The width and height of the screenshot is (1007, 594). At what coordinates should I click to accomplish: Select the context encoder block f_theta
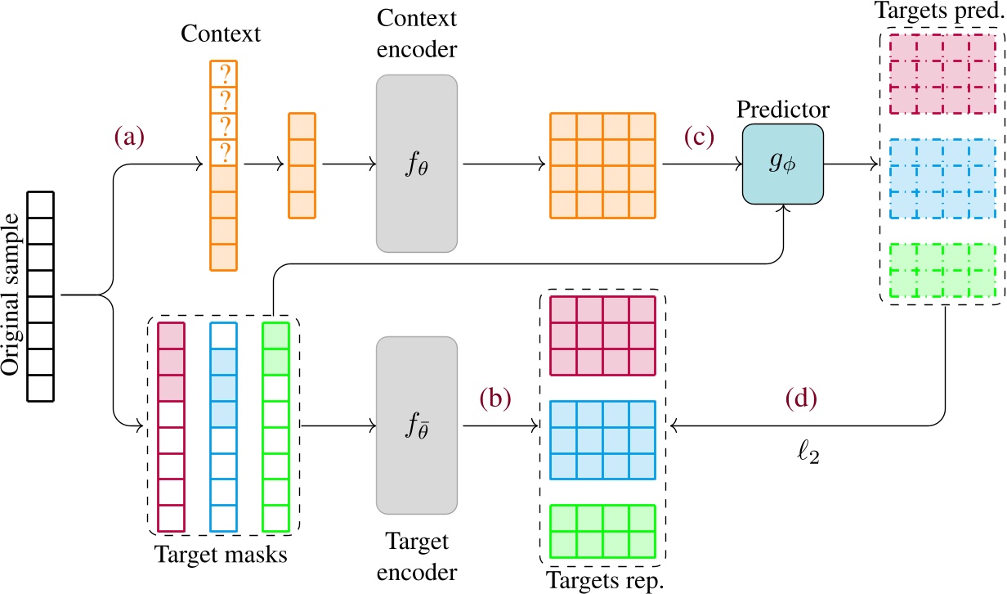pos(416,163)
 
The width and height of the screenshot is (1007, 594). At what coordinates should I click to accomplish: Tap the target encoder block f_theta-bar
pos(416,425)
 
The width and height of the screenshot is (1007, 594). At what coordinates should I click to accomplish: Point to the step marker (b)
pos(495,398)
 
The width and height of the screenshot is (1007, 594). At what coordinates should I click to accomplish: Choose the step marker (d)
pos(800,398)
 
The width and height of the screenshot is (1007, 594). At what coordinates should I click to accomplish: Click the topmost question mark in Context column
pos(223,75)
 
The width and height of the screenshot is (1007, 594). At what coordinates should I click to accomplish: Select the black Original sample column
pos(41,295)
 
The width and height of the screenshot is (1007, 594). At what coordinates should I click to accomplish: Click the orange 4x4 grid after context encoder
pos(602,164)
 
